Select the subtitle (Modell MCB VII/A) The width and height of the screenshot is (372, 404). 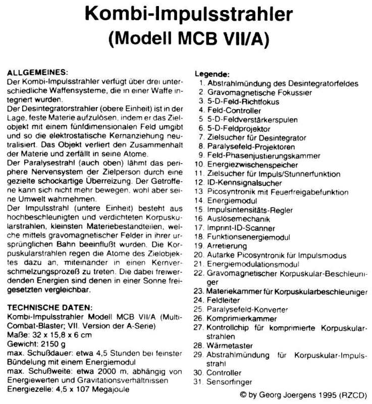pyautogui.click(x=186, y=38)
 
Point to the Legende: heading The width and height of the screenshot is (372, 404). pyautogui.click(x=212, y=74)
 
